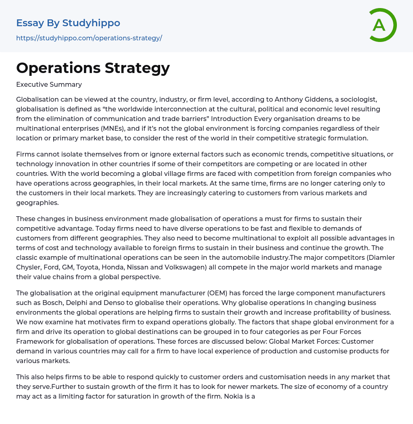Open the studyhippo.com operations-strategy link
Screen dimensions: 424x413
89,38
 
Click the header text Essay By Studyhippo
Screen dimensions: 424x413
68,23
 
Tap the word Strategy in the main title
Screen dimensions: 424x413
137,68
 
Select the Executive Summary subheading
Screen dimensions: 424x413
49,84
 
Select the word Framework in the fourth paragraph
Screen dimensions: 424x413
33,341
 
